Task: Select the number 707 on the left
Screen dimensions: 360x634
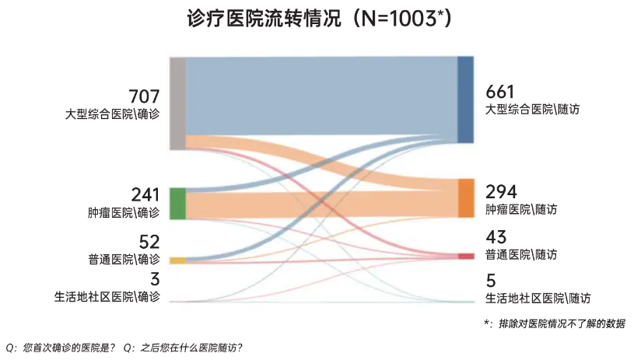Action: click(144, 96)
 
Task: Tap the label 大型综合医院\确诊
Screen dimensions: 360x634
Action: click(113, 114)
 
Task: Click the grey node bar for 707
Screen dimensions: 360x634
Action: click(177, 103)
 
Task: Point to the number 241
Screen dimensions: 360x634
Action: click(145, 194)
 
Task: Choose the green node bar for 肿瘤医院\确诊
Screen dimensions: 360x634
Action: click(177, 203)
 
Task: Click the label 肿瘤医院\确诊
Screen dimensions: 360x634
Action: click(124, 211)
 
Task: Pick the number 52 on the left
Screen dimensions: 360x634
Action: click(149, 242)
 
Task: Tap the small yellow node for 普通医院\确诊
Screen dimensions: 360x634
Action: click(177, 260)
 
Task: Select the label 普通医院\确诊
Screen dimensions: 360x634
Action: click(124, 259)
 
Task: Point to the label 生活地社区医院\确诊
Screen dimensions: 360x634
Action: click(107, 297)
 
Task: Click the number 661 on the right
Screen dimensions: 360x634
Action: click(501, 92)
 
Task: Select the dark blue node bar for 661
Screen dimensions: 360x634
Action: click(465, 100)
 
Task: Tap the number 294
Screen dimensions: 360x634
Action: click(501, 191)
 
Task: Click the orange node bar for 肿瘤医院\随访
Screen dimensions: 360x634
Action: click(465, 197)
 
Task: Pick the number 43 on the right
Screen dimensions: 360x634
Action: click(496, 237)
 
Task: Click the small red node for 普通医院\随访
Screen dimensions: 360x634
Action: click(465, 256)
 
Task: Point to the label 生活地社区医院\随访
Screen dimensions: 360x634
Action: click(538, 298)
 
